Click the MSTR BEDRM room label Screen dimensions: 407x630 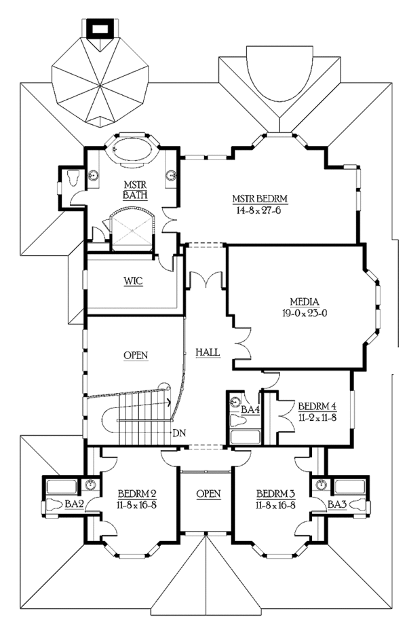260,198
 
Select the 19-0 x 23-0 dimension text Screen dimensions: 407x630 305,312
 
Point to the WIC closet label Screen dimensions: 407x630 133,281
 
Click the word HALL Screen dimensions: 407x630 208,352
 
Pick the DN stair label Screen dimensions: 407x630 178,433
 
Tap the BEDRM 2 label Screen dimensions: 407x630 137,494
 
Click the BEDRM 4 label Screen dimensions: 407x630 317,406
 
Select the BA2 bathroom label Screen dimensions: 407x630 74,504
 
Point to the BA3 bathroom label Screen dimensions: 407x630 336,504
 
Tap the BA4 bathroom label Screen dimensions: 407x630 250,410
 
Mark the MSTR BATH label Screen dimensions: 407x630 135,191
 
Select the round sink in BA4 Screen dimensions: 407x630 235,401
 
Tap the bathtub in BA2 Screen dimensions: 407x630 62,487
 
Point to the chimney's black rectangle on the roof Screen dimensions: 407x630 99,29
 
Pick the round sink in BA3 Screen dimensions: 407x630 321,485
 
